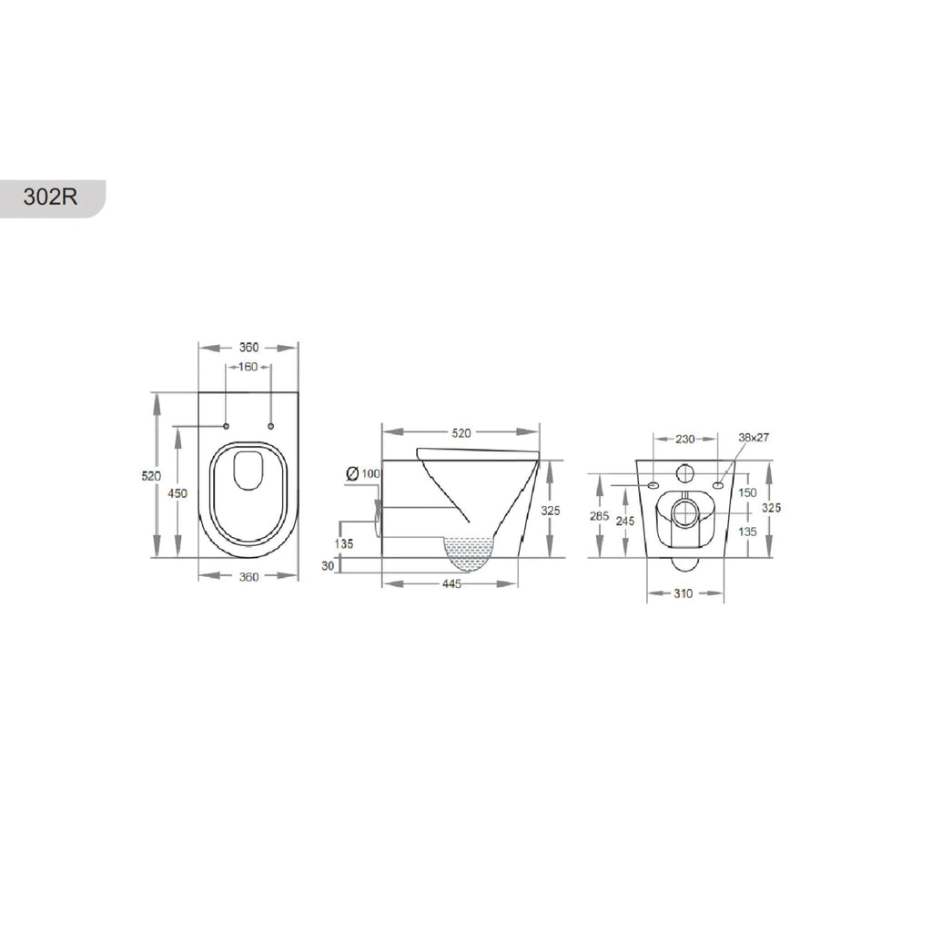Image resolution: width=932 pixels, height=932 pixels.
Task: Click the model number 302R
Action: [51, 197]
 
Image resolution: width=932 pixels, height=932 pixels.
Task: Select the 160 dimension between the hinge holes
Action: [248, 367]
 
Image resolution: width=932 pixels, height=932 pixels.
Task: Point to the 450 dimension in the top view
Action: [177, 493]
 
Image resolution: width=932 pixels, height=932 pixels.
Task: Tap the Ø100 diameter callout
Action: [362, 473]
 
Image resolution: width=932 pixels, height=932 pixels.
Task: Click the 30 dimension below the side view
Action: [328, 566]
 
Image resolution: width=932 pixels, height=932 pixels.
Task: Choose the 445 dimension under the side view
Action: [451, 584]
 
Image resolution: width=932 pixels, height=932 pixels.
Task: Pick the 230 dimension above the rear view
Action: [684, 440]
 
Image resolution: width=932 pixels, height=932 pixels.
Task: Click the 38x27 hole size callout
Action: [754, 438]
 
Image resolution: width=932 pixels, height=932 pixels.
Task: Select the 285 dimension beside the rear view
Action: [599, 516]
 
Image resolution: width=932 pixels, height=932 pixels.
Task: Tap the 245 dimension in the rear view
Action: [625, 522]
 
